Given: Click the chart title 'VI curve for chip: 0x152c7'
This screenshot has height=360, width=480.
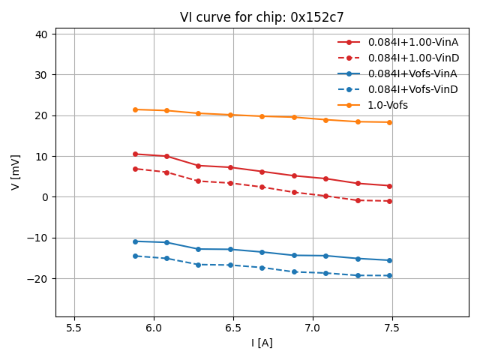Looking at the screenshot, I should [262, 17].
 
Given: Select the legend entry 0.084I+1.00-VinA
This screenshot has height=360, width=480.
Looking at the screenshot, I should [412, 42].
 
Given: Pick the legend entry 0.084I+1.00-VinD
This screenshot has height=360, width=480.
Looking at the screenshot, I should [412, 58].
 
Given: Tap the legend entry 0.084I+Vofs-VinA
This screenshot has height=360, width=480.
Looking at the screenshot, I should [412, 73].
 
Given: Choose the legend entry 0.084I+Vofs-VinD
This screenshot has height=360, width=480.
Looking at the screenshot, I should [412, 89].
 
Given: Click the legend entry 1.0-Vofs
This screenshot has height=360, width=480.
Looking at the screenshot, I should [388, 105].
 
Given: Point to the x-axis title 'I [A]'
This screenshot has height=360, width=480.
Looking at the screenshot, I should [262, 343].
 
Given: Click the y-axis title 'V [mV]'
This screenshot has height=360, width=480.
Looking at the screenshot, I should [16, 172].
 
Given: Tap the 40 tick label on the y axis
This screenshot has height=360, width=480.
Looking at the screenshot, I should [41, 34].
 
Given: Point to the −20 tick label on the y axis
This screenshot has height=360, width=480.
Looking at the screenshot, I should [38, 278].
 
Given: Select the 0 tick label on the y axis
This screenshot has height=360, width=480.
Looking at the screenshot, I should [44, 197].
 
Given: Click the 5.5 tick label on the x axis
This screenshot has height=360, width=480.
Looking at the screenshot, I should [74, 328].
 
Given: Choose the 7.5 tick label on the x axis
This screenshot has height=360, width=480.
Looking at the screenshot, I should [392, 328].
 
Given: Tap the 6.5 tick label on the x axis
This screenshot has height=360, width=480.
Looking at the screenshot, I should [233, 328].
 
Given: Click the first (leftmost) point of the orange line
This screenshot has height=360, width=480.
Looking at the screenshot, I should [135, 109].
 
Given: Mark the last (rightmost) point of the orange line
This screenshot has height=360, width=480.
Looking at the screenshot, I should [389, 122].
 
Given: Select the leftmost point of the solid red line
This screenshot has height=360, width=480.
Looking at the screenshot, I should [135, 154].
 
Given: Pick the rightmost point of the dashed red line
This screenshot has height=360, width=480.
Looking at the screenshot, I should [389, 201].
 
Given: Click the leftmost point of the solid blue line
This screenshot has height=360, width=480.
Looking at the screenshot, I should [135, 241].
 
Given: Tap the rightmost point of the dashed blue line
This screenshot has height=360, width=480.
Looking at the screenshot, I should [389, 275].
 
